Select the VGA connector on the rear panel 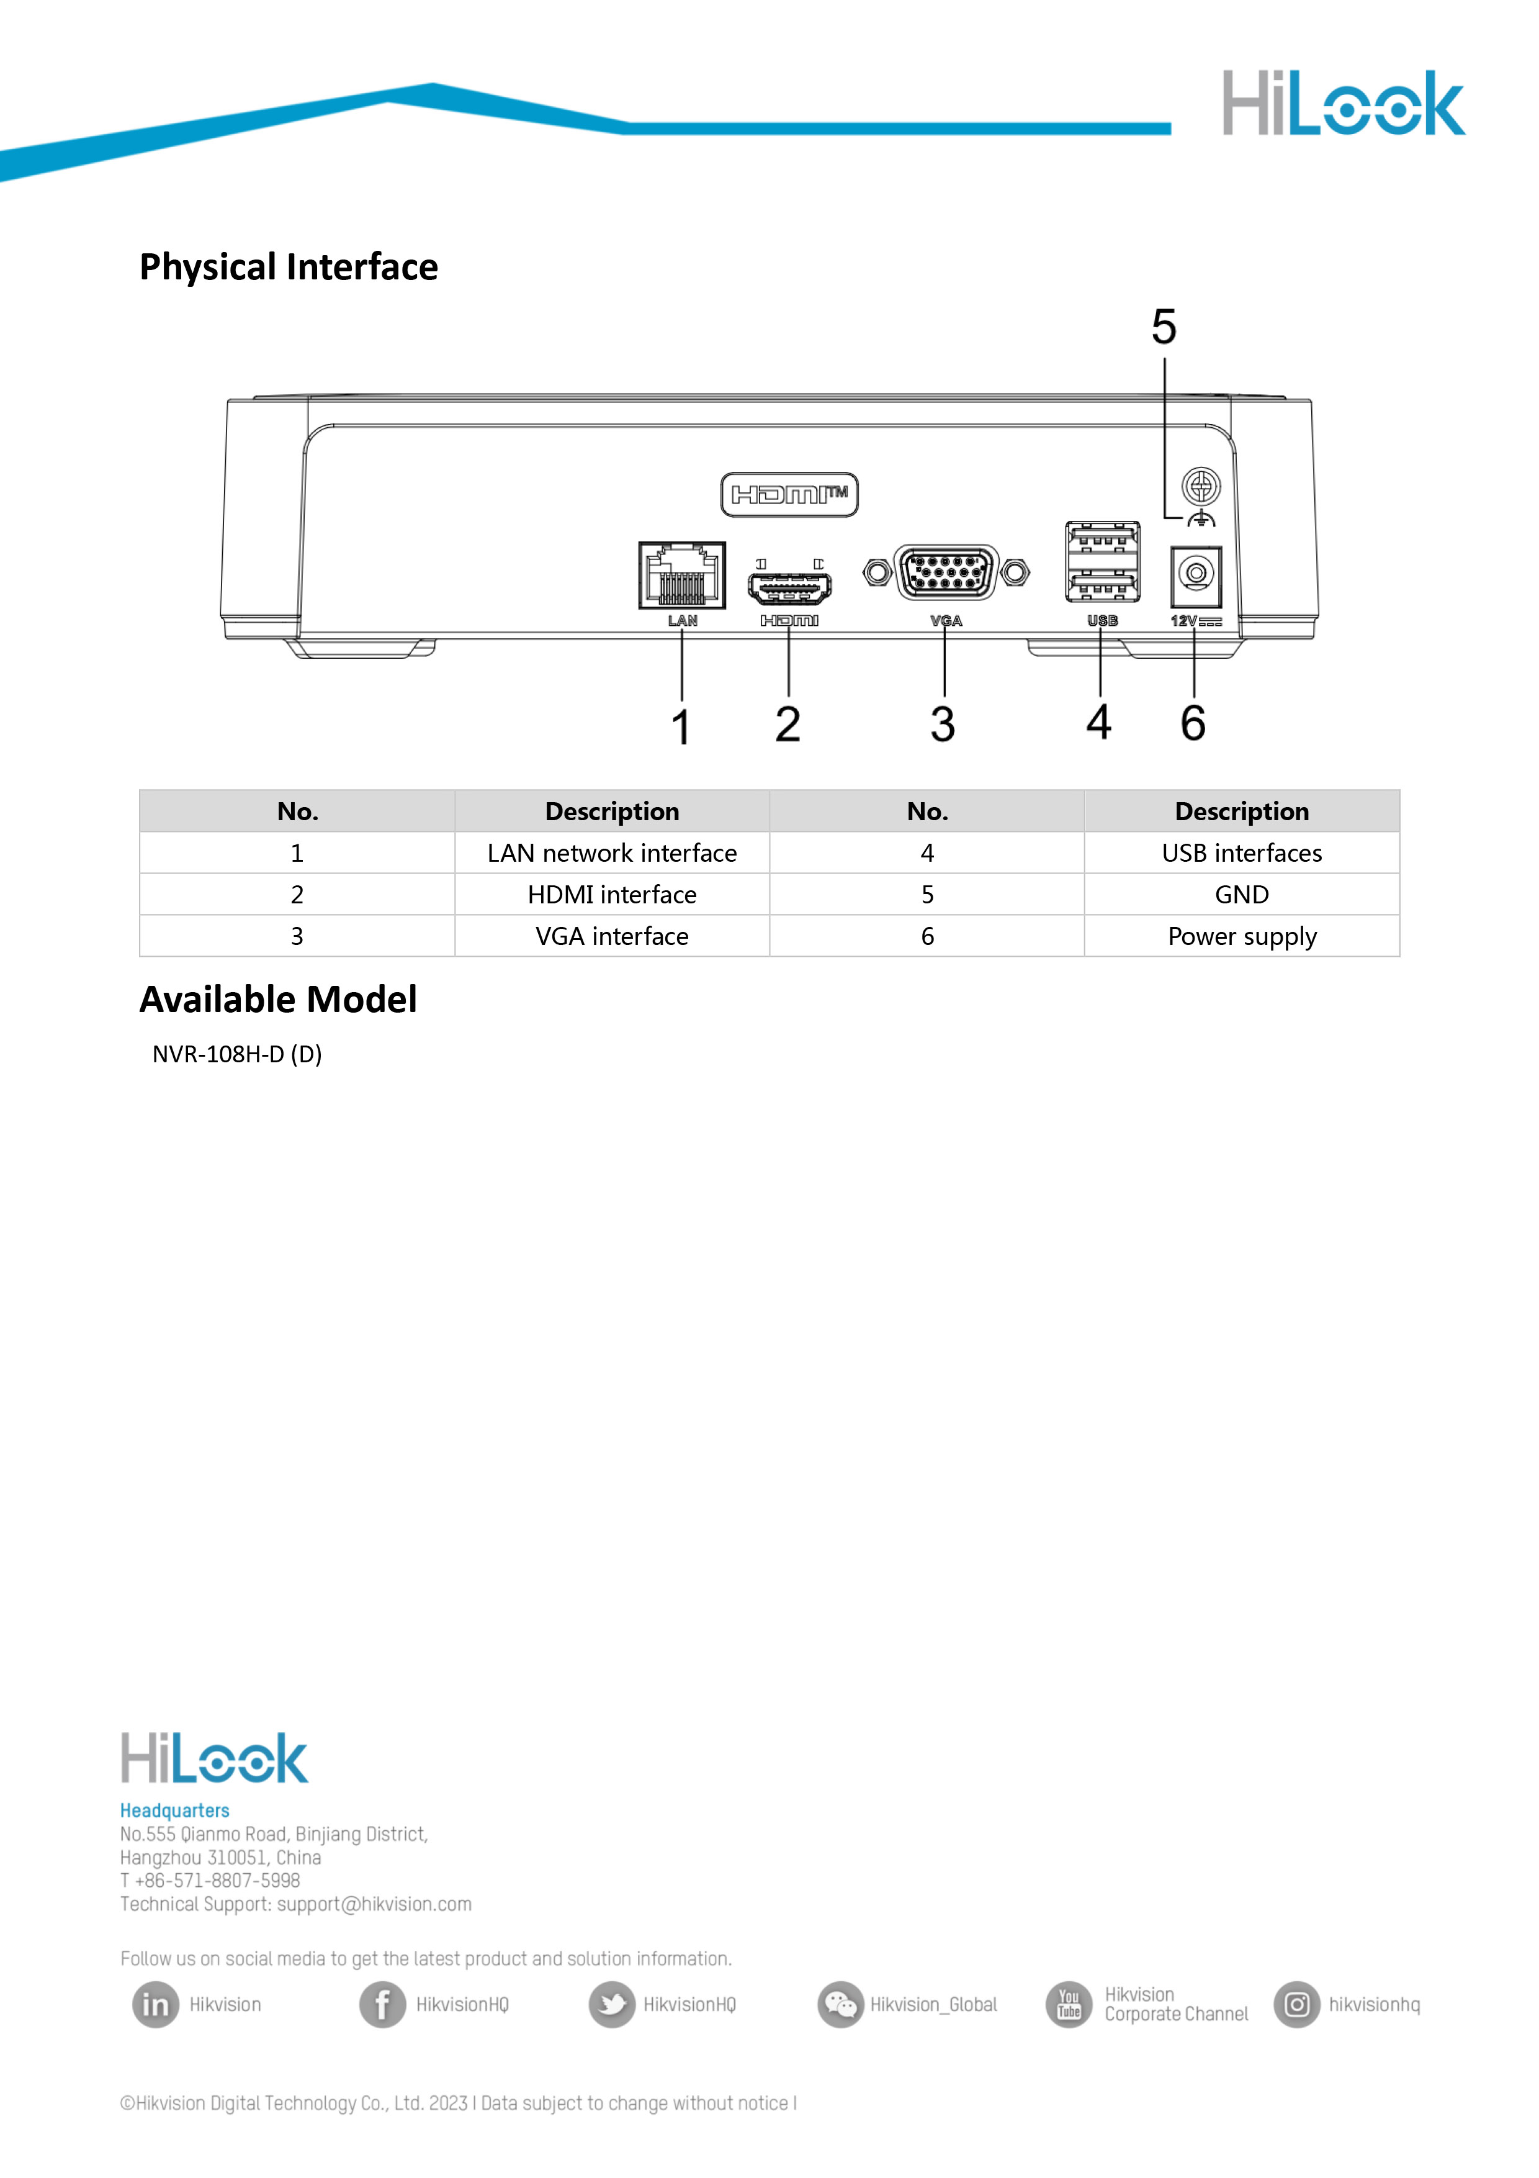pos(945,572)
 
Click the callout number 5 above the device pos(1164,327)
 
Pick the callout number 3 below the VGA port pos(943,724)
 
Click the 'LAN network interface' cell pos(612,853)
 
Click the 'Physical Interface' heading pos(289,268)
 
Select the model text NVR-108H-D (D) pos(237,1054)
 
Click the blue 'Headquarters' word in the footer pos(174,1810)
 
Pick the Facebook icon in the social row pos(382,2004)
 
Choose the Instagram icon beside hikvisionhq pos(1296,2004)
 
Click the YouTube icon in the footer pos(1069,2004)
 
